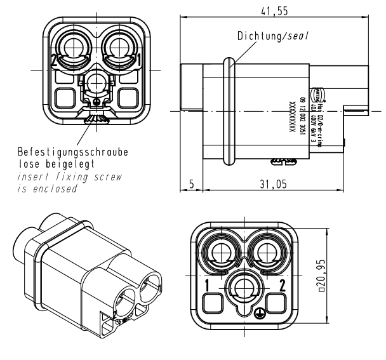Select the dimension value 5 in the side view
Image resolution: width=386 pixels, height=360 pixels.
tap(191, 185)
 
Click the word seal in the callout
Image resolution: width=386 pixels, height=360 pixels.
tap(298, 36)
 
